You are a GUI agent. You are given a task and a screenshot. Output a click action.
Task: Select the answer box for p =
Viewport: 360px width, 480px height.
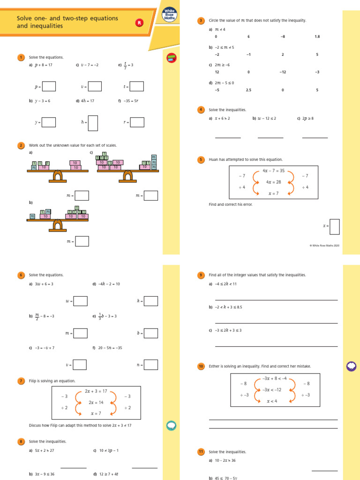(x=49, y=86)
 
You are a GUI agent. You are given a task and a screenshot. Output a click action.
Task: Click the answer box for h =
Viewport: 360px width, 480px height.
(x=93, y=123)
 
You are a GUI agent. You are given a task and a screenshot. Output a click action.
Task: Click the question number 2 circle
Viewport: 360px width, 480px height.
(x=21, y=146)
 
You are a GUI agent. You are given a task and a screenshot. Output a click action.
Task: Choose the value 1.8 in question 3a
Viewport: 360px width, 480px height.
(x=317, y=37)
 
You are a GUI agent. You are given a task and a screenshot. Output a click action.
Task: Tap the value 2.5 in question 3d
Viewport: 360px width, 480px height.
(x=248, y=90)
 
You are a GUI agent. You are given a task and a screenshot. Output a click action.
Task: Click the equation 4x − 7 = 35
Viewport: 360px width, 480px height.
(x=273, y=171)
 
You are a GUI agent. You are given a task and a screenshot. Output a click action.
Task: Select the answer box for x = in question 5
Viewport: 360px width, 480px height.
(x=335, y=226)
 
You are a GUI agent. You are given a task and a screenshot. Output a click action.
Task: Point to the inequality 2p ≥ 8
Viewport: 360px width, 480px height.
(x=307, y=119)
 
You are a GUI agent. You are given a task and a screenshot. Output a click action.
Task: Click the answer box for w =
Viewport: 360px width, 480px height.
(x=80, y=301)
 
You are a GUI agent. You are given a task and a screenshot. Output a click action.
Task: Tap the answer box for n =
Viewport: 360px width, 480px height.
(x=150, y=365)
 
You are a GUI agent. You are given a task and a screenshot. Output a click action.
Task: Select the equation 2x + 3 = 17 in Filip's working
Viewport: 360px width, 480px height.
(x=96, y=391)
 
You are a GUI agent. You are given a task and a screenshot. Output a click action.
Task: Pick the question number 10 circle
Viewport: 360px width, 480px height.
(x=201, y=366)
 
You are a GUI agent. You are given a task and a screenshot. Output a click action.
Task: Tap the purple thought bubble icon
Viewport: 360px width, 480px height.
(x=351, y=367)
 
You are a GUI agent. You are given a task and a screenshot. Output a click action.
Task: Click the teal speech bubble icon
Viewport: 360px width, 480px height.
(x=171, y=425)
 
